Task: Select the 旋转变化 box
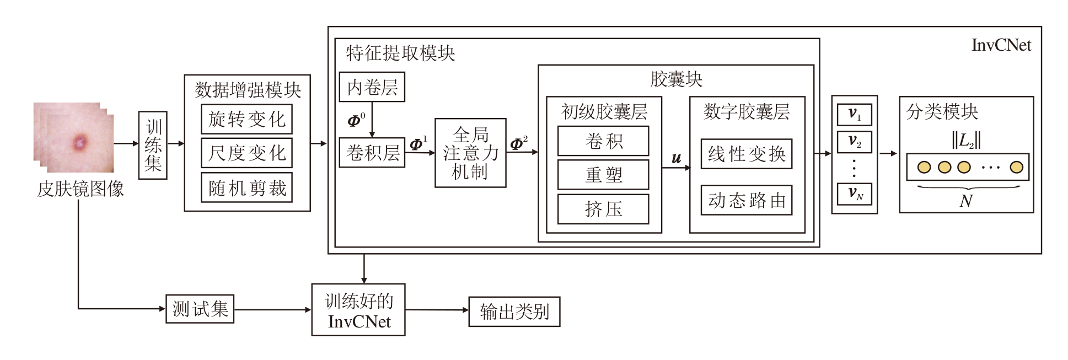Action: click(246, 119)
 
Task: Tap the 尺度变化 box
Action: click(246, 153)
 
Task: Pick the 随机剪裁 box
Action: click(246, 188)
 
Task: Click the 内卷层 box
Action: click(372, 87)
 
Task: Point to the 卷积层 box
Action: click(372, 152)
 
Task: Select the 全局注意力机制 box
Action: click(470, 153)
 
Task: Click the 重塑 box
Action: click(603, 175)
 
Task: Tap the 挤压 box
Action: click(603, 209)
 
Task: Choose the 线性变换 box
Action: click(746, 154)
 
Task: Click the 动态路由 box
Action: click(746, 200)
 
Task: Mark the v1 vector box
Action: click(854, 115)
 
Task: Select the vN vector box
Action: click(854, 193)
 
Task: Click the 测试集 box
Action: click(200, 309)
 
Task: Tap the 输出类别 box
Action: click(514, 312)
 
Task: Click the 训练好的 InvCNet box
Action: click(358, 310)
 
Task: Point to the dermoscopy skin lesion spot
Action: click(80, 143)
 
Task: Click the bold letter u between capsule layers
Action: click(676, 158)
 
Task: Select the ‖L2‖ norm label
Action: click(965, 141)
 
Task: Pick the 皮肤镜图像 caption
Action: click(80, 189)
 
